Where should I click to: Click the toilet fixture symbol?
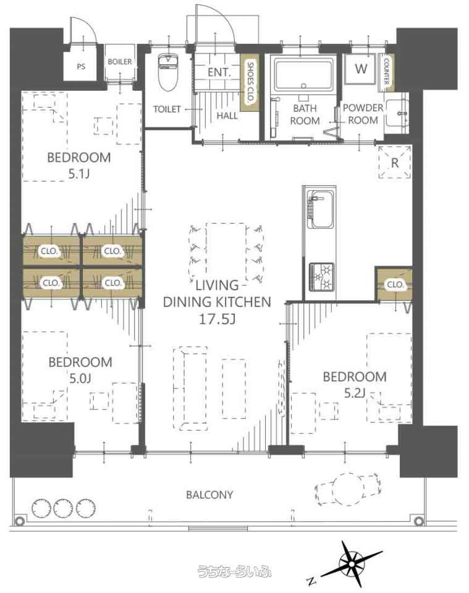coord(167,73)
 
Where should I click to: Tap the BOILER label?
coord(120,62)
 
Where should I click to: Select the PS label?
coord(81,67)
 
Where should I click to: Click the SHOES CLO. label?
coord(250,82)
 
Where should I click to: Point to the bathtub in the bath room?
coord(304,74)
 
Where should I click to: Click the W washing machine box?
coord(361,69)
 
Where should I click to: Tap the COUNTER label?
coord(386,70)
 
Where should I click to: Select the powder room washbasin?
coord(397,112)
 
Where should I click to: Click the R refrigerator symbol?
coord(394,162)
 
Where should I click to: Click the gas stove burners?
coord(321,277)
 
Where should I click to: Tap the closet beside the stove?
coord(394,284)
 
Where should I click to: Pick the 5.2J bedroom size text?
coord(355,393)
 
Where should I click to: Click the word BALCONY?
coord(209,495)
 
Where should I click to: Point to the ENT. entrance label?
coord(219,72)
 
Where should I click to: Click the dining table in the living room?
coord(226,249)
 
